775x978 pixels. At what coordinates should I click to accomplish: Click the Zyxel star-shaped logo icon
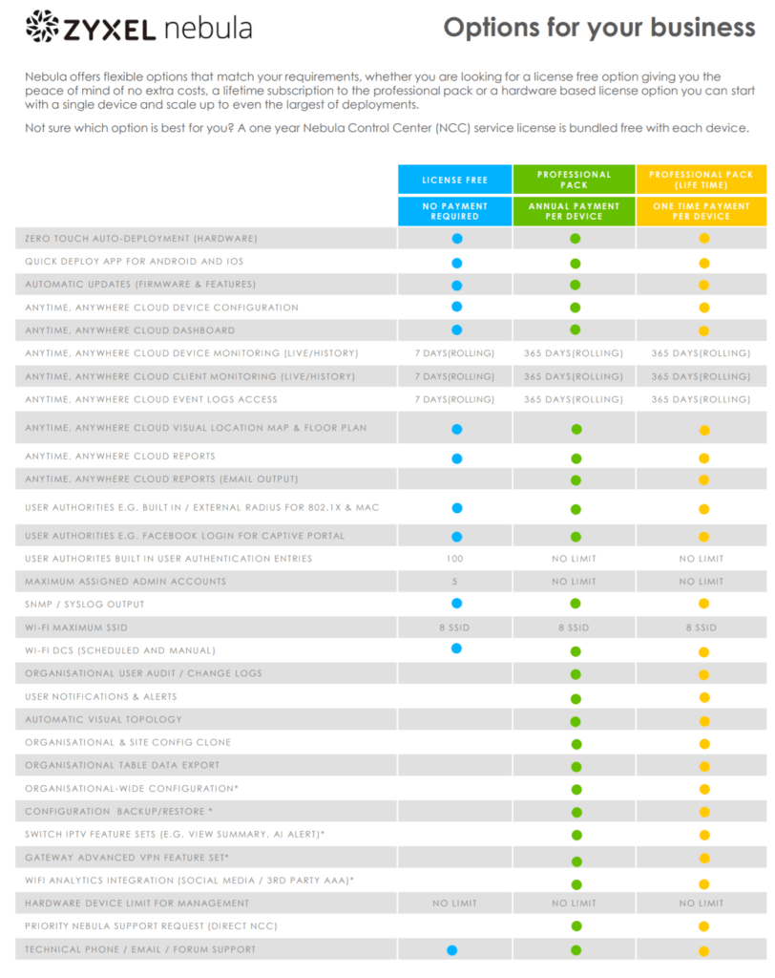42,28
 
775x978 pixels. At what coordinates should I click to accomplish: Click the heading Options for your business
598,28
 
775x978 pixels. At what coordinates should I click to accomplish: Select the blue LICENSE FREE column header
454,180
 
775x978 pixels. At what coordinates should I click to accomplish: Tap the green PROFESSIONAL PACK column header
574,180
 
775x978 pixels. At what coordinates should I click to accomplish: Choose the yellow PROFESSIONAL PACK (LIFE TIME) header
702,180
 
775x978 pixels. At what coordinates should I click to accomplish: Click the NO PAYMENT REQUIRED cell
454,211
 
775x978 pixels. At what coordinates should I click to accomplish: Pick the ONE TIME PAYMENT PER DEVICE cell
702,211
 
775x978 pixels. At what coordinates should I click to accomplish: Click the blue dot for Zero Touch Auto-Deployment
456,239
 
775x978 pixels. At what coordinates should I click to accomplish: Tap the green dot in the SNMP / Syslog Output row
576,605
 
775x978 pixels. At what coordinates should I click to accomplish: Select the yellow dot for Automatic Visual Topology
704,721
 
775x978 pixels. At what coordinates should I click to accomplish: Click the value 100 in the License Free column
455,559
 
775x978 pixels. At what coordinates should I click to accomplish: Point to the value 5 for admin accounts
455,582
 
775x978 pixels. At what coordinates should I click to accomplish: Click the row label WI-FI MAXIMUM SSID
76,627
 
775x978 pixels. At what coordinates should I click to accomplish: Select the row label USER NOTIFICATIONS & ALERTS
103,697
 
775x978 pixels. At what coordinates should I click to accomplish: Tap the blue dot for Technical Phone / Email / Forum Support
451,950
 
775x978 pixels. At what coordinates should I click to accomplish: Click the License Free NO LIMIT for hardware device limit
454,904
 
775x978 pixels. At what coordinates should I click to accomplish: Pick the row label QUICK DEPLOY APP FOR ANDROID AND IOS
134,262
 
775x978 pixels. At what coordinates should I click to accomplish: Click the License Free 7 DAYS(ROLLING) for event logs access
455,399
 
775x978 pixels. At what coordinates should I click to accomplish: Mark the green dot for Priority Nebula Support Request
576,926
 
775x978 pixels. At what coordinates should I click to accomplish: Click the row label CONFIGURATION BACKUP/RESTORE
118,812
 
